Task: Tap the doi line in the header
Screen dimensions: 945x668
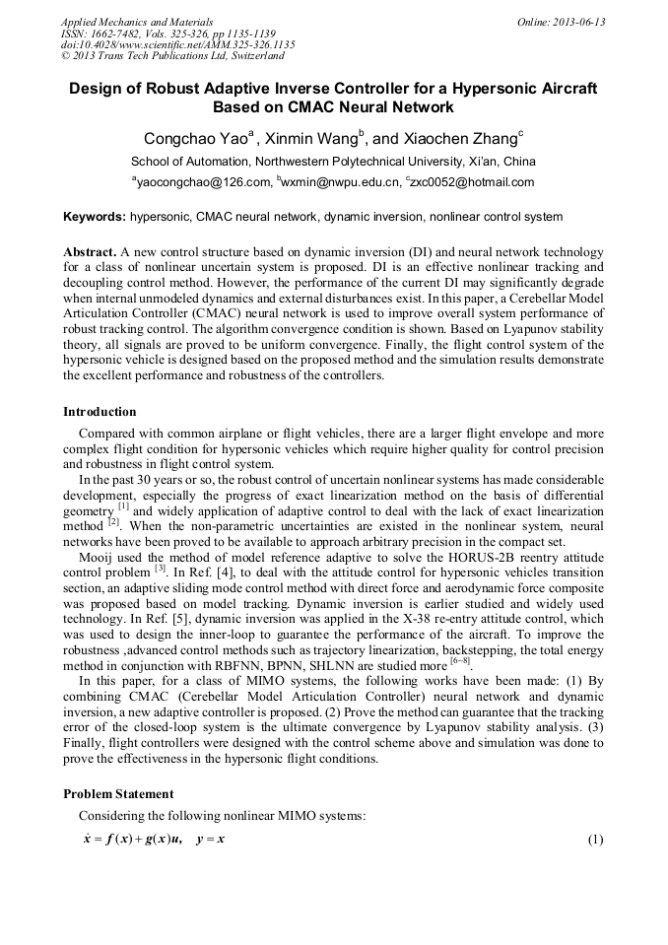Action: [x=177, y=45]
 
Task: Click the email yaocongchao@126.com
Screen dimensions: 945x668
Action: [x=203, y=182]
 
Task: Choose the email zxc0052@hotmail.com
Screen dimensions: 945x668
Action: [x=473, y=182]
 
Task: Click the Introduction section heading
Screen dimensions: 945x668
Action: [x=100, y=412]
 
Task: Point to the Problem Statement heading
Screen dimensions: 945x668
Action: [x=118, y=794]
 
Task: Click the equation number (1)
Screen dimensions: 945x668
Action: [x=594, y=840]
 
